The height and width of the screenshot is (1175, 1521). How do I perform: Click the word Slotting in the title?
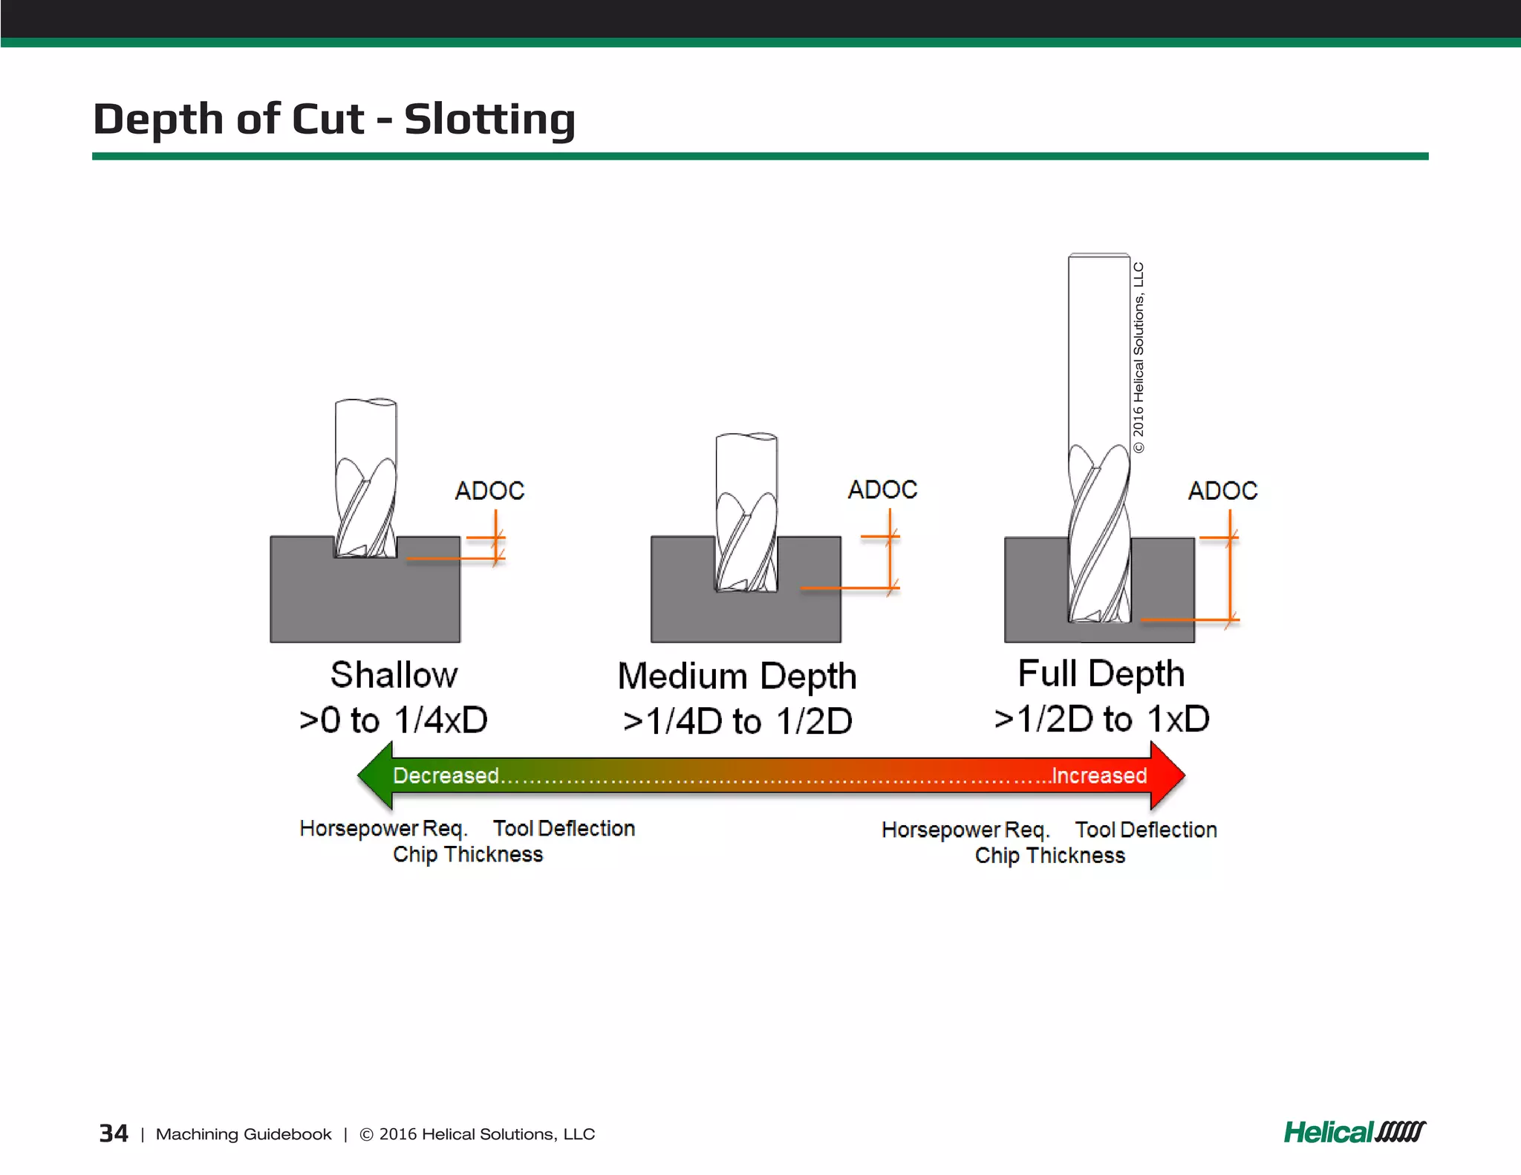489,119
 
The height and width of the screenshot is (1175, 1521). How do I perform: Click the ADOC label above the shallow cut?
489,490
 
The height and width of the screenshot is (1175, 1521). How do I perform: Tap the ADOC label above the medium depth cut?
882,489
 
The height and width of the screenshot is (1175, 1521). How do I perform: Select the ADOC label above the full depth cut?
1222,490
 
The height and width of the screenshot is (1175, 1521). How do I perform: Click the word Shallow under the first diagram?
394,675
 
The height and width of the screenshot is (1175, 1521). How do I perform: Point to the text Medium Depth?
737,677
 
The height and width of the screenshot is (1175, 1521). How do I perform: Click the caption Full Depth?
1101,674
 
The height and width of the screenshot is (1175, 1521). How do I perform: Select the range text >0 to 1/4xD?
393,720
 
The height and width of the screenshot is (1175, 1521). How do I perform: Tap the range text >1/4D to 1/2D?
737,721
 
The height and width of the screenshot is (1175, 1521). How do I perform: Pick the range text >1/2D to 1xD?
1101,719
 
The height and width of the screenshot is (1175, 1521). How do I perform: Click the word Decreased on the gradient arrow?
446,775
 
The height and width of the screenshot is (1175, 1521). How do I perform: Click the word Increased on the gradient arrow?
1099,775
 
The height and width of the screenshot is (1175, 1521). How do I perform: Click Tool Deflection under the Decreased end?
564,828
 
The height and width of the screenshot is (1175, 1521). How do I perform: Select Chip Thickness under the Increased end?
1049,856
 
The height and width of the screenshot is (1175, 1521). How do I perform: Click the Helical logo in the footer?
1354,1133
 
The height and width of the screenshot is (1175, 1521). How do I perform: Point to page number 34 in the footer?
114,1133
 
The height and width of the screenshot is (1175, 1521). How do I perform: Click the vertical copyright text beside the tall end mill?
1139,357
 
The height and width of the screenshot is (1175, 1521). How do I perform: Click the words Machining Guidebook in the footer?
244,1134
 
